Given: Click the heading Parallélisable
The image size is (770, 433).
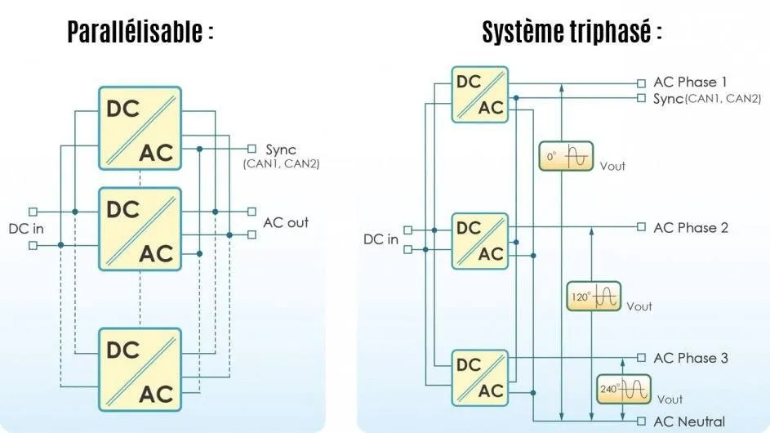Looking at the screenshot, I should click(x=140, y=32).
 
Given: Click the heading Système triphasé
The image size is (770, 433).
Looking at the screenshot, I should click(x=571, y=32).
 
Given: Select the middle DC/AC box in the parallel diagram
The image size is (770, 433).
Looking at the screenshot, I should click(x=140, y=229).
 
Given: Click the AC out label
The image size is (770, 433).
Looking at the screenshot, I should click(x=286, y=222).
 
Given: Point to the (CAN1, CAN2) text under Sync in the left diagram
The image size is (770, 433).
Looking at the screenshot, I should click(x=282, y=164).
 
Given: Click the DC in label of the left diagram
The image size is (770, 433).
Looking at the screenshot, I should click(x=25, y=227).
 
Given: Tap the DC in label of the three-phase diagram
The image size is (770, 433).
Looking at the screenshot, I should click(x=381, y=239).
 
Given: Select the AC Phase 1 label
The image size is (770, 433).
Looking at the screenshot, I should click(x=691, y=83).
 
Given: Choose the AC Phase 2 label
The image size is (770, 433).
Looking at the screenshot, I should click(x=691, y=228).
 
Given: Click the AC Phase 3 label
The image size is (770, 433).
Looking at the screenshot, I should click(x=691, y=358).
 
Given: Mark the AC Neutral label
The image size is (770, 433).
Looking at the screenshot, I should click(x=689, y=422).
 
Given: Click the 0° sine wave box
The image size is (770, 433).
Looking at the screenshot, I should click(x=565, y=156).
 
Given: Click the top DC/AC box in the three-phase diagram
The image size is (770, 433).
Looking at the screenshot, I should click(x=480, y=94).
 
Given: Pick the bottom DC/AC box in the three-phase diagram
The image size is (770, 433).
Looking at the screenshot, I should click(x=480, y=377).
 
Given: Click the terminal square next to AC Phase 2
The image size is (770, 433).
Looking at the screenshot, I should click(x=641, y=227).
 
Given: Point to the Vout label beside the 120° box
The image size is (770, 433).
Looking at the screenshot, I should click(x=639, y=306).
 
